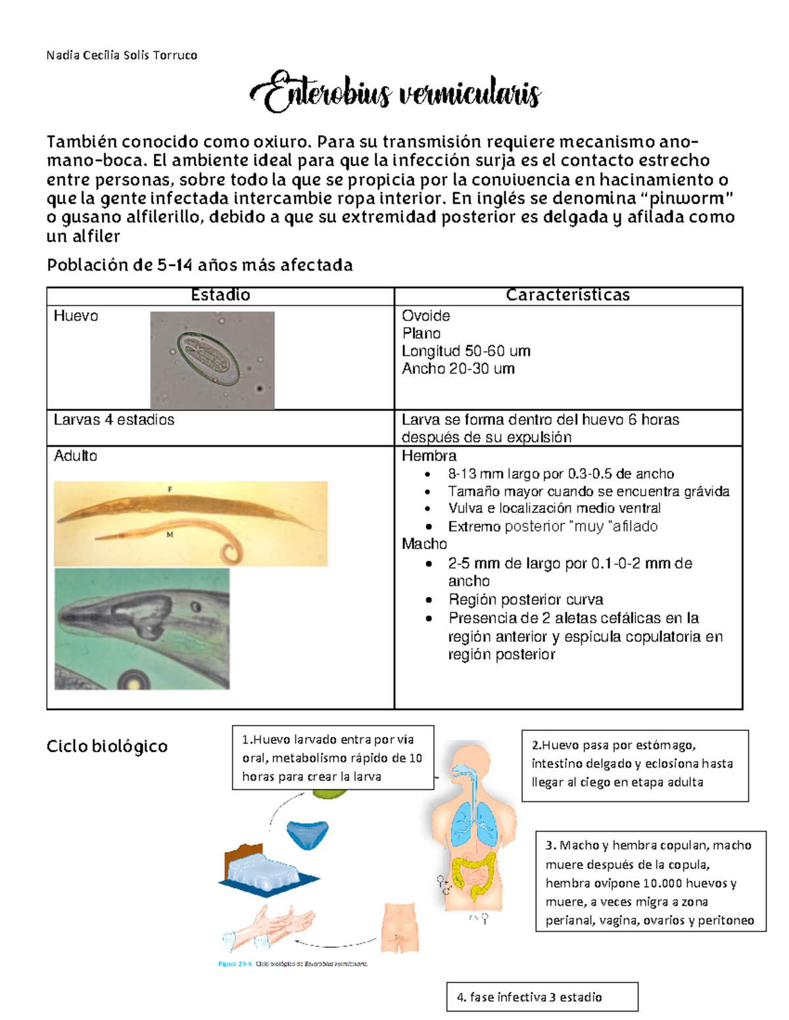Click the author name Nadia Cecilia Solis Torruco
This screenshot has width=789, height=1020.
tap(122, 55)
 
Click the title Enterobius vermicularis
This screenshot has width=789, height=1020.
tap(395, 93)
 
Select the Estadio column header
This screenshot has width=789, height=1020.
tap(220, 296)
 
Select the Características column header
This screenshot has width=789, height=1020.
tap(567, 296)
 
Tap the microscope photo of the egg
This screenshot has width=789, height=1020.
tap(212, 360)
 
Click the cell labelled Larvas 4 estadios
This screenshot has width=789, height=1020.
tap(114, 420)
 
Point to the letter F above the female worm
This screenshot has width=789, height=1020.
tap(170, 489)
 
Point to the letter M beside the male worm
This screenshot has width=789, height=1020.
tap(170, 535)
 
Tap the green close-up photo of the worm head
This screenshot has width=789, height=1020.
tap(142, 629)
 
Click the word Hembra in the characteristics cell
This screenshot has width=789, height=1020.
tap(429, 456)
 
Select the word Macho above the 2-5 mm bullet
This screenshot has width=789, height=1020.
tap(424, 544)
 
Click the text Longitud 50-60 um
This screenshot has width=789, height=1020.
tap(466, 351)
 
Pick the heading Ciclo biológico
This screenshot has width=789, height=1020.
tap(107, 746)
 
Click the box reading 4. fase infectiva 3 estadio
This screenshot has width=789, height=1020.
tap(542, 996)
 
